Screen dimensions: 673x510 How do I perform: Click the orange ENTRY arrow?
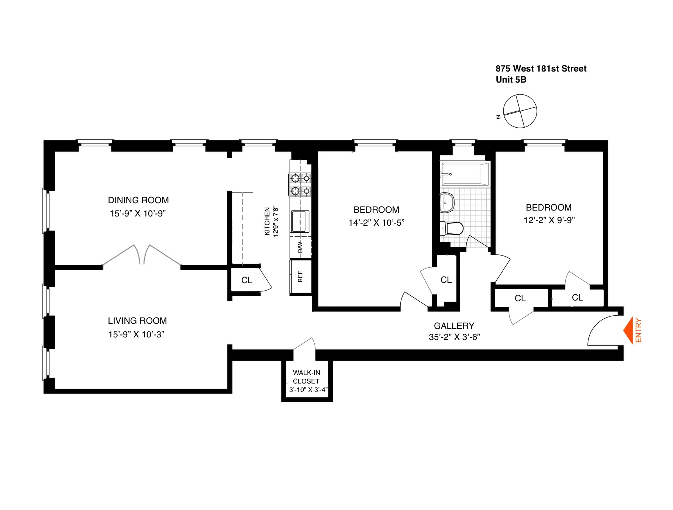628,330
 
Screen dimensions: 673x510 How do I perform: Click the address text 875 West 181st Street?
541,69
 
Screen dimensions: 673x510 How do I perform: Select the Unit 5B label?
511,80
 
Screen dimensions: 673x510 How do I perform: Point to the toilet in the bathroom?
452,228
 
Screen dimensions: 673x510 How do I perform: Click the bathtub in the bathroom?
465,174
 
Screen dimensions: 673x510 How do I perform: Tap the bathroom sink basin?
446,202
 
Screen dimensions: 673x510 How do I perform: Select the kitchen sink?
300,221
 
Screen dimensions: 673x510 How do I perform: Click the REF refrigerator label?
300,277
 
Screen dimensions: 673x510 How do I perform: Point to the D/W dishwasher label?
300,247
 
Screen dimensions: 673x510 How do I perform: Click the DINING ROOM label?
138,200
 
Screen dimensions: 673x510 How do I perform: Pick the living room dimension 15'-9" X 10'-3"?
136,334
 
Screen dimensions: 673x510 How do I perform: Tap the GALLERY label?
454,326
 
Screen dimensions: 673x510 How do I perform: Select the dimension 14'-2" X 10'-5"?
376,223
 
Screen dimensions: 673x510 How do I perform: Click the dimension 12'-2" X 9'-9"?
549,220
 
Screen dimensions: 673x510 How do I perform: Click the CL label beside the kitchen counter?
247,280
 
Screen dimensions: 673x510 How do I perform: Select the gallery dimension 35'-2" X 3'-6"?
454,337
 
